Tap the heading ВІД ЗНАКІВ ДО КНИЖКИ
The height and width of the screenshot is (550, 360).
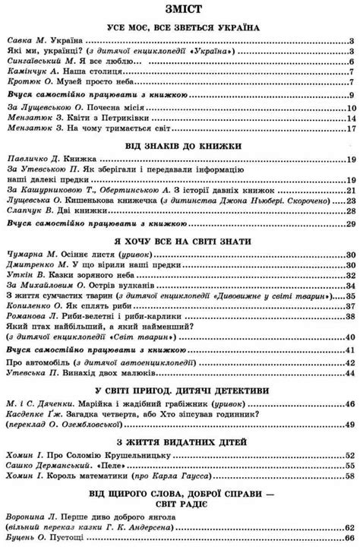point(179,143)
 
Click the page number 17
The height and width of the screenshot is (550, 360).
point(350,130)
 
